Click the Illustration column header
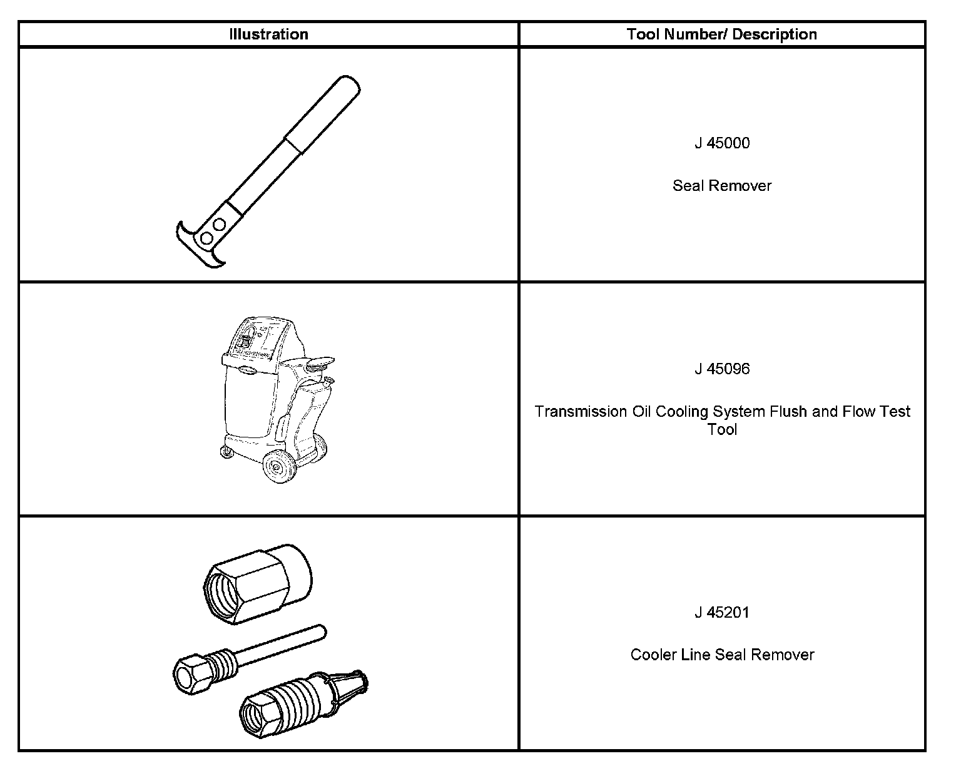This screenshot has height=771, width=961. pyautogui.click(x=268, y=34)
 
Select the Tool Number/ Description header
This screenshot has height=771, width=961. pyautogui.click(x=721, y=34)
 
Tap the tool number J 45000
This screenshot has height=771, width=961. pyautogui.click(x=721, y=143)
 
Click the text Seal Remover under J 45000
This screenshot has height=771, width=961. pyautogui.click(x=721, y=186)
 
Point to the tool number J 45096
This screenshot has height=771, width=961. pyautogui.click(x=721, y=369)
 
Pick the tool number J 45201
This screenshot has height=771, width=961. pyautogui.click(x=721, y=613)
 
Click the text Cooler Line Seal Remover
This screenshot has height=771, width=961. pyautogui.click(x=721, y=655)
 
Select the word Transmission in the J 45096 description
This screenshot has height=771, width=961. pyautogui.click(x=576, y=412)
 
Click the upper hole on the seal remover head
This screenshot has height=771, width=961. pyautogui.click(x=219, y=224)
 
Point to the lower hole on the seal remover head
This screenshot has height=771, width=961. pyautogui.click(x=206, y=238)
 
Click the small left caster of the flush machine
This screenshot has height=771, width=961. pyautogui.click(x=224, y=452)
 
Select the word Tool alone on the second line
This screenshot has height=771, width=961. pyautogui.click(x=721, y=430)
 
